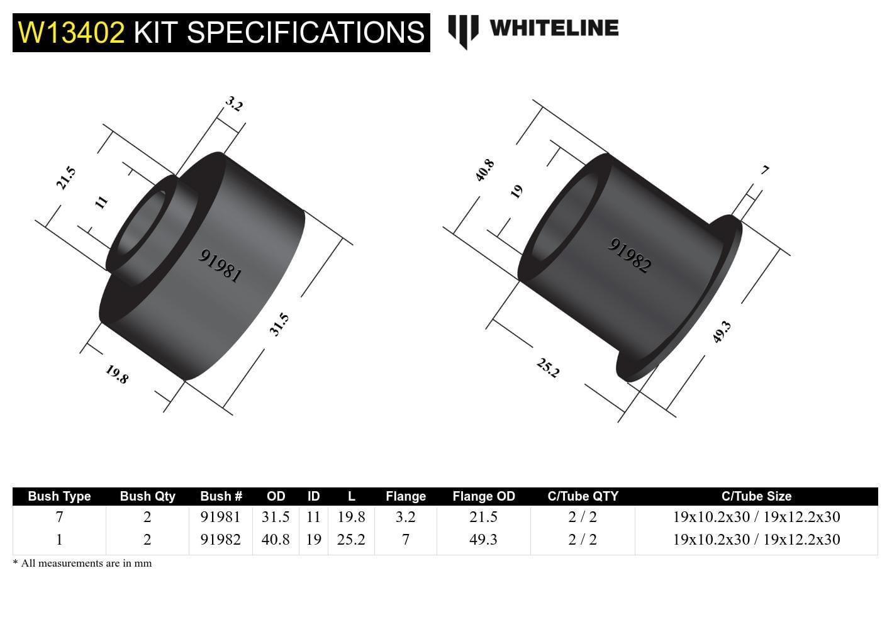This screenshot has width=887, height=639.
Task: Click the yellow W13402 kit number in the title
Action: point(71,32)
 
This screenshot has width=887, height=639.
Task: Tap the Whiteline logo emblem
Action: point(462,30)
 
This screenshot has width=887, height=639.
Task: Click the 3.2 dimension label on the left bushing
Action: point(234,104)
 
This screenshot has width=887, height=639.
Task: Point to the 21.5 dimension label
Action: point(65,178)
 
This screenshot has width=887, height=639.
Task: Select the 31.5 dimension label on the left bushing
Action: point(279,324)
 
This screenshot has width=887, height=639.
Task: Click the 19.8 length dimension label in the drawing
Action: point(117,374)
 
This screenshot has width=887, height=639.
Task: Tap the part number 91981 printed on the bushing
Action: point(220,265)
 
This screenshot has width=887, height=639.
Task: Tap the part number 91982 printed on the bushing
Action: point(629,255)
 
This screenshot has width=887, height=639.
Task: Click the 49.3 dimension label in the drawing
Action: point(722,331)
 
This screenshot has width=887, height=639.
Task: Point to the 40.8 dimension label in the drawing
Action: point(484,170)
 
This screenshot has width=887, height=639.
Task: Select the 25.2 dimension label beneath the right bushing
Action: point(548,367)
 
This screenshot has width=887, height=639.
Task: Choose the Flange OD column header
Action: point(483,496)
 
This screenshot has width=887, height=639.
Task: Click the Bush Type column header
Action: point(59,496)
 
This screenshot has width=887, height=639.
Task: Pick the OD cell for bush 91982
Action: point(276,540)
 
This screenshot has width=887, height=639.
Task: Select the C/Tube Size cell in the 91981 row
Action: point(756,517)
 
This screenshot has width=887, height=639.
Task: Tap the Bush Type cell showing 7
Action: point(59,517)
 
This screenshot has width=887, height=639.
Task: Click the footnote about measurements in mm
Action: point(82,564)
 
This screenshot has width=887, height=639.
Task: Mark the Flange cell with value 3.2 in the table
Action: point(405,517)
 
